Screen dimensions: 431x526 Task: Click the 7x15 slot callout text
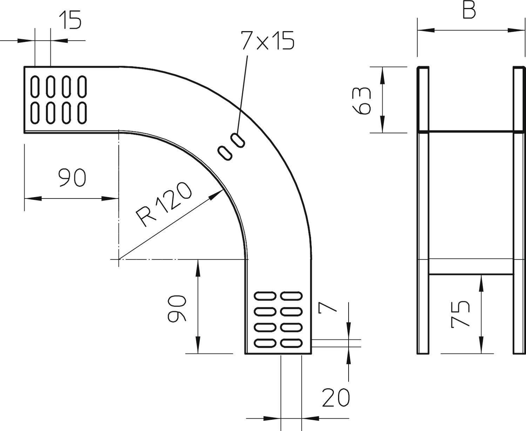[x=267, y=41]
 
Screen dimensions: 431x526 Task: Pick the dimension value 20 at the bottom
[x=336, y=398]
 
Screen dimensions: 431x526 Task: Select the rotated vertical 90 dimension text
[x=176, y=308]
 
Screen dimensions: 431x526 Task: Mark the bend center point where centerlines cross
[x=119, y=259]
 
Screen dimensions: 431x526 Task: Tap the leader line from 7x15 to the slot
[x=242, y=95]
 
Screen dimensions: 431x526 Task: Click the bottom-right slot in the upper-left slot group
[x=82, y=113]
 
